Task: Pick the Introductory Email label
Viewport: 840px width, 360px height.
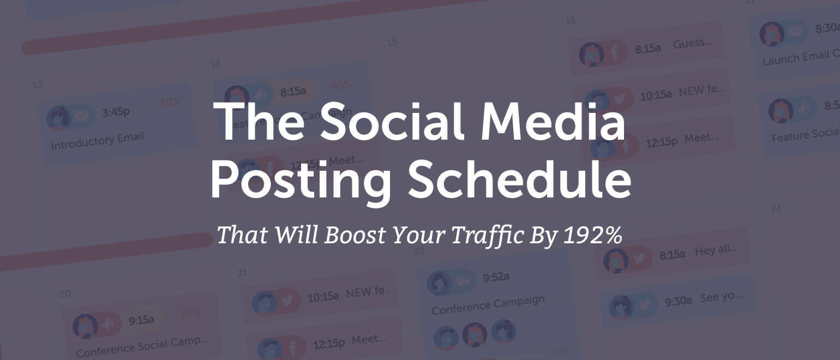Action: [98, 141]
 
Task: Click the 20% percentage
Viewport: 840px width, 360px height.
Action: [170, 102]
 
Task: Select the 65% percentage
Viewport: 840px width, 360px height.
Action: [341, 85]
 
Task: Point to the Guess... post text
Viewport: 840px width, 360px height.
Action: [693, 43]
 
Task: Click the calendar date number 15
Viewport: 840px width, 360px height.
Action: [392, 42]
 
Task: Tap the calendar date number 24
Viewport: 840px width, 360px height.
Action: [775, 208]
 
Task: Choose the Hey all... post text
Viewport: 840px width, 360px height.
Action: [717, 251]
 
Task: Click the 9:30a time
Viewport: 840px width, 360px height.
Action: [678, 300]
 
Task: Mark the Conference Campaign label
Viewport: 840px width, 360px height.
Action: [488, 305]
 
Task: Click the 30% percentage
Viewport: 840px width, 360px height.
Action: [190, 314]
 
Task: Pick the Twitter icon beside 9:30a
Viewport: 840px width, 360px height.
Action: [644, 304]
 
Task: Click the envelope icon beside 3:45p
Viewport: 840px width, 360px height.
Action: [81, 116]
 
